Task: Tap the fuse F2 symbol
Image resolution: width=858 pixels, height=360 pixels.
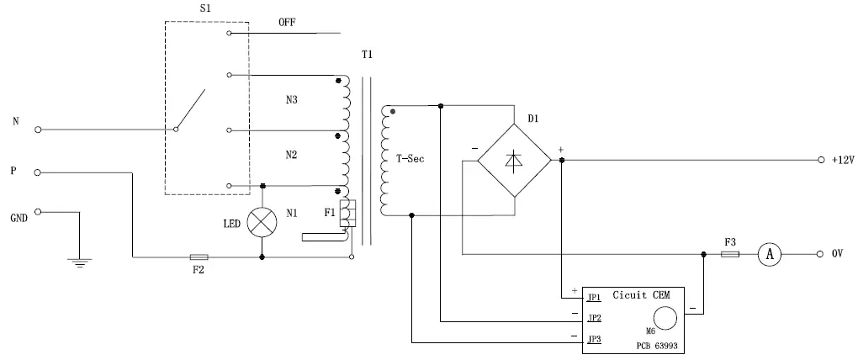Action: (199, 257)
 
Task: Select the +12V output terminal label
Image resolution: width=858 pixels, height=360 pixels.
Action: (842, 160)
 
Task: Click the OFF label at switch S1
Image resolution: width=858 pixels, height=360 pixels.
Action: (288, 23)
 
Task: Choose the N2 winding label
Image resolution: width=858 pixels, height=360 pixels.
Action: (291, 155)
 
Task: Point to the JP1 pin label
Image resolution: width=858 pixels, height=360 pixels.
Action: (594, 298)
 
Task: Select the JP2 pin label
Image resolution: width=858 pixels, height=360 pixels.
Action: (594, 318)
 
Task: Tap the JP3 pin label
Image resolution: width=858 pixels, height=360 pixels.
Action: (594, 339)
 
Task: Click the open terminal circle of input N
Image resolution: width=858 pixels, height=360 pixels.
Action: (38, 130)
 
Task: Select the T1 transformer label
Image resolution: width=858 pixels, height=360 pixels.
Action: (367, 56)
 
